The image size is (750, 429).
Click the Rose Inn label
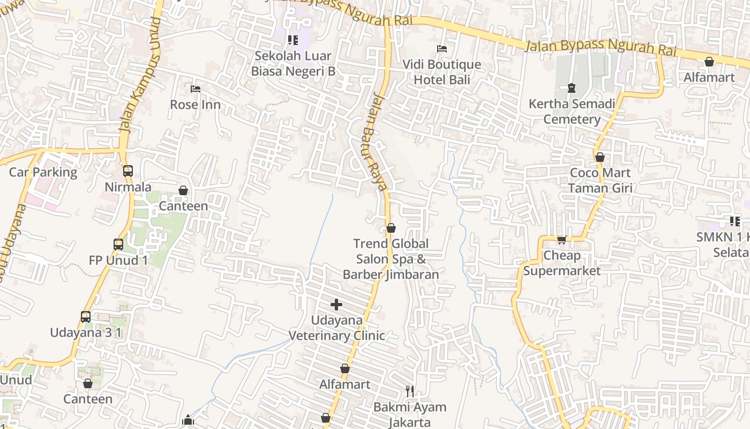click(x=195, y=105)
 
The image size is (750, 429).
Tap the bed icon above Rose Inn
click(x=196, y=88)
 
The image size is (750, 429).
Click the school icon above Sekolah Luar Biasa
click(x=292, y=40)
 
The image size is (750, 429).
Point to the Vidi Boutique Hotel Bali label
click(x=441, y=72)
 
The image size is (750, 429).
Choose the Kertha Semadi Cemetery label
click(x=572, y=112)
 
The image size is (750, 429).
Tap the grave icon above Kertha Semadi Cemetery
click(x=572, y=87)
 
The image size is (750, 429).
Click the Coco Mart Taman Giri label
click(x=600, y=180)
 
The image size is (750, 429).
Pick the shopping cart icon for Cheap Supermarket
click(x=561, y=240)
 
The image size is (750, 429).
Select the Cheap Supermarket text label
click(x=561, y=263)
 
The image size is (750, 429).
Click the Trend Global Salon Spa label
click(x=391, y=259)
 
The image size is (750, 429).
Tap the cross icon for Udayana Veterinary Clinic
click(x=336, y=305)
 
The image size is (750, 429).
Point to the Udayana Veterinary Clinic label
click(x=337, y=328)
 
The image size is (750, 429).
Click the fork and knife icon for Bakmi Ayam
click(x=410, y=391)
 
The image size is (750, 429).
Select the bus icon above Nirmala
click(x=128, y=171)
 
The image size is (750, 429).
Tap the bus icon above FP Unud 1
click(x=118, y=245)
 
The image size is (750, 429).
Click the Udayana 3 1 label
click(x=86, y=332)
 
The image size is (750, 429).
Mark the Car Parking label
click(x=43, y=172)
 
